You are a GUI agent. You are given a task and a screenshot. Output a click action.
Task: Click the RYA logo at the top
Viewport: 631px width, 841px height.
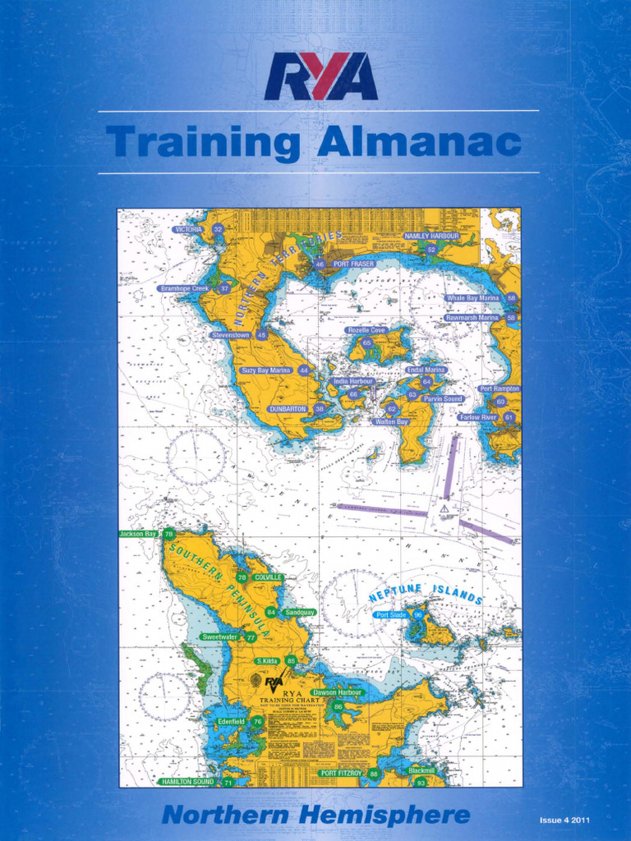point(320,76)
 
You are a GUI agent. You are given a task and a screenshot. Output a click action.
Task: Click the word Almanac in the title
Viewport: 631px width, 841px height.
point(419,143)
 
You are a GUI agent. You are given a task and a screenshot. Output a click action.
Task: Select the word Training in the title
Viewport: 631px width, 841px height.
point(202,143)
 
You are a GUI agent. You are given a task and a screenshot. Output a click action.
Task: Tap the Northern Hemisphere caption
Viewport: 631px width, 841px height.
point(315,816)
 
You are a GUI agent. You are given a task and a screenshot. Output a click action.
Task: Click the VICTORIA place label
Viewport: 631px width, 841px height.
point(189,230)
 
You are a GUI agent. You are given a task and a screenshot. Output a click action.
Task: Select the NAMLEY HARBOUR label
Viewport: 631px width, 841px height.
point(431,236)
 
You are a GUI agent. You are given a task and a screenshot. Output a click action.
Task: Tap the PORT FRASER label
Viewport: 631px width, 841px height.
point(354,264)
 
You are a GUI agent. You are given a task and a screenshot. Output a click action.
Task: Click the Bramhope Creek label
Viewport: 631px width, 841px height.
point(185,289)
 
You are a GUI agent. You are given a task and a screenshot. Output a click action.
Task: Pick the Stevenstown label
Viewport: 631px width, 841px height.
point(231,335)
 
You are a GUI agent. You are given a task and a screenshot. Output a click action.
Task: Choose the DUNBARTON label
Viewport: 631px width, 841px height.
point(288,408)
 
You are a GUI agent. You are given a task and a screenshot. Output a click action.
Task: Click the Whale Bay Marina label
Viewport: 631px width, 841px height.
point(473,298)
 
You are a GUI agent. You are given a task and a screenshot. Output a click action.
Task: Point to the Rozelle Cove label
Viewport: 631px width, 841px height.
point(366,330)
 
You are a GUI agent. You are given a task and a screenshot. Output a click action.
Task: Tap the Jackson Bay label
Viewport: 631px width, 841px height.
point(138,534)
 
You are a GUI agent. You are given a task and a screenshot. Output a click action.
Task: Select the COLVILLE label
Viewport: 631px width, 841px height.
point(269,577)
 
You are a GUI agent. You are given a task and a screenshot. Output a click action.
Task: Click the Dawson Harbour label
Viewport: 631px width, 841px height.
point(338,692)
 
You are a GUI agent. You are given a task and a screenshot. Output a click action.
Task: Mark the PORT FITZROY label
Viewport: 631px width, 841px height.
point(341,774)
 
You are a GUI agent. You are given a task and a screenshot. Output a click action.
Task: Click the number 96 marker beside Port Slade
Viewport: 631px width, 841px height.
point(418,614)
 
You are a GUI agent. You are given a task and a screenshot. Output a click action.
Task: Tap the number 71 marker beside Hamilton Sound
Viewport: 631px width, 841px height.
point(228,783)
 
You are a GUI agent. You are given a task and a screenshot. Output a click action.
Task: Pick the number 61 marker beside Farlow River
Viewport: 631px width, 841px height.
point(509,417)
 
